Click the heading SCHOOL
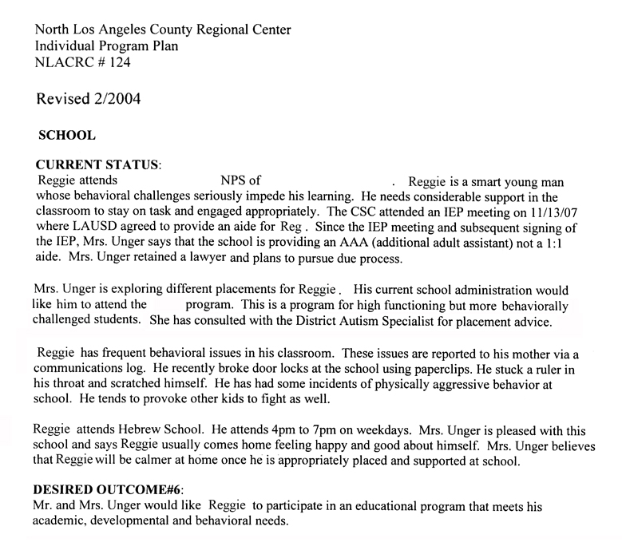tap(73, 137)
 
